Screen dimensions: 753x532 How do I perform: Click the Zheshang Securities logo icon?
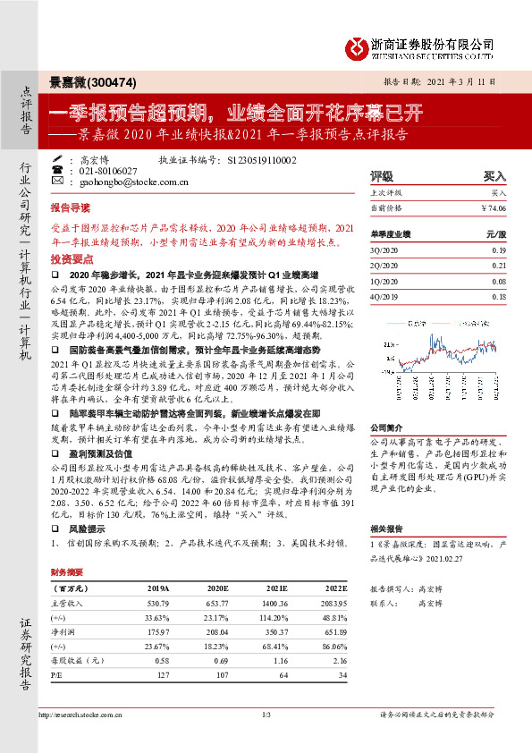(358, 46)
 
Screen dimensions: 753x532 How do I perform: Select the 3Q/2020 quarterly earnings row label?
(385, 251)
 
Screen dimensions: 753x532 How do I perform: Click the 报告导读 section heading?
(71, 205)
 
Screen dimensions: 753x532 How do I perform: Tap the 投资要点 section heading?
(71, 257)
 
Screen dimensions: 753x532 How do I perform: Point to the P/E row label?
(59, 673)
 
